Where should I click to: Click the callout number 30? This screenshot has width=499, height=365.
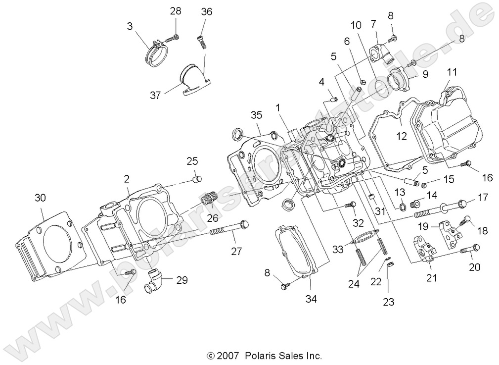click(40, 198)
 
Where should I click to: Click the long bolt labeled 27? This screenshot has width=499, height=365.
click(228, 229)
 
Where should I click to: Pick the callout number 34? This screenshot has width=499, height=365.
click(311, 299)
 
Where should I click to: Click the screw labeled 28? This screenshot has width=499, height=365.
click(173, 37)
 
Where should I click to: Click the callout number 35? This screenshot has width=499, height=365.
click(255, 115)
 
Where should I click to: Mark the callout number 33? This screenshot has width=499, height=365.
click(337, 250)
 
